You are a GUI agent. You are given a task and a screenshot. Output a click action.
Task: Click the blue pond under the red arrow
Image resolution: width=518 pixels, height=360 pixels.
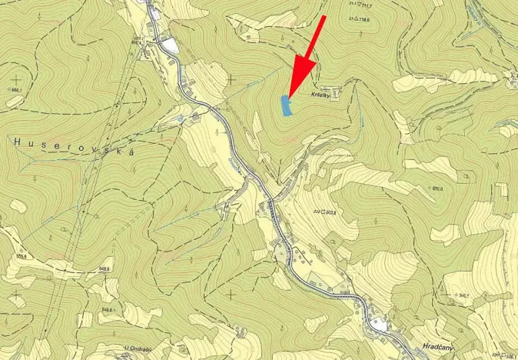[287, 106]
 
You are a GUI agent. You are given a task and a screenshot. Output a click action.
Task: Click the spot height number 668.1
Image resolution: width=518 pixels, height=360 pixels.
[15, 91]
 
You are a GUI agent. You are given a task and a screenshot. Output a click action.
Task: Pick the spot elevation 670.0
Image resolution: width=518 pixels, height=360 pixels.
[437, 188]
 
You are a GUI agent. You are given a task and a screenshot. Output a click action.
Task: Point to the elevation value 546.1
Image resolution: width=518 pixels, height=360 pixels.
[463, 295]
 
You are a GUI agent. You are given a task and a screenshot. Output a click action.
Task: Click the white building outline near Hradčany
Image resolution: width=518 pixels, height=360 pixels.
[381, 326]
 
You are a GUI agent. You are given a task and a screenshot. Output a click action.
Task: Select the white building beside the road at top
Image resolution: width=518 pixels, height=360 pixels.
[170, 47]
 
